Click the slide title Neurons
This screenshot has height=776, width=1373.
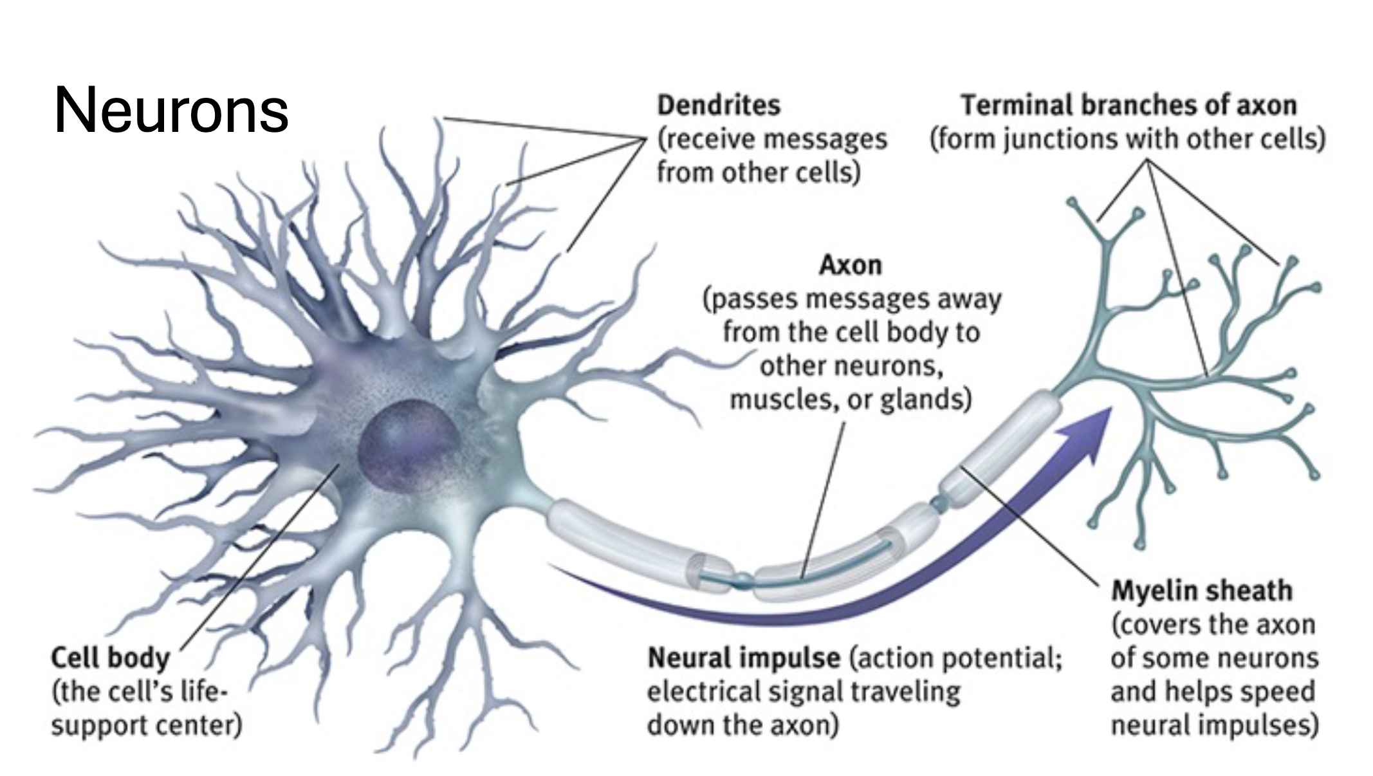[x=171, y=111]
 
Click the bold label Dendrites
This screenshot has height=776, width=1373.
[x=719, y=106]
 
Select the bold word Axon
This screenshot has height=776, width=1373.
[x=850, y=265]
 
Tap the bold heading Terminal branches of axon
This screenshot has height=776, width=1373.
[x=1129, y=106]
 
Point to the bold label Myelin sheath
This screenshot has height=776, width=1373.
[x=1202, y=591]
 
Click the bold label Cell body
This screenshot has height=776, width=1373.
[x=110, y=658]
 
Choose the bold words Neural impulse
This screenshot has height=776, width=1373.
[x=744, y=658]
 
